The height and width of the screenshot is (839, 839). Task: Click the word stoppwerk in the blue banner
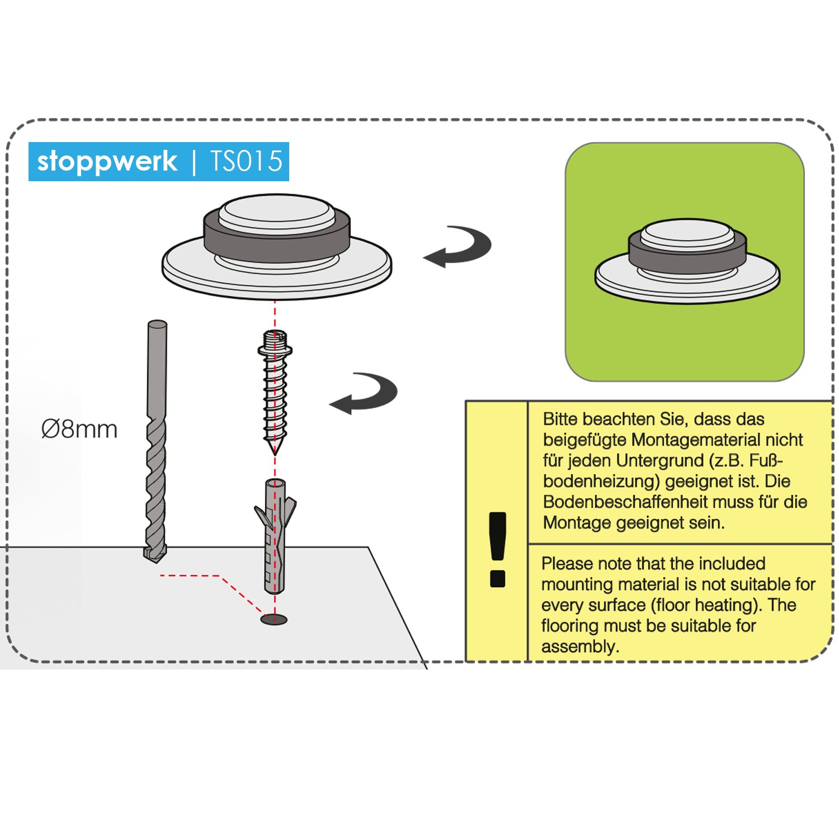(x=107, y=162)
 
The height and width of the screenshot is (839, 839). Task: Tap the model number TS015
(x=247, y=161)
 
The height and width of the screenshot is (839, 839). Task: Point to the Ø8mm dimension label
(x=79, y=430)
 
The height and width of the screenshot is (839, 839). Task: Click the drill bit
(x=156, y=441)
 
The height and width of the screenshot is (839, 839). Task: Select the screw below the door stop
(x=275, y=392)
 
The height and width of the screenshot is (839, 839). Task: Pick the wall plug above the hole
(x=275, y=536)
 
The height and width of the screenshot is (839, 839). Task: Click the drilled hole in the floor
(x=274, y=619)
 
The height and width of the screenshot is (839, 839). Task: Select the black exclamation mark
(x=497, y=549)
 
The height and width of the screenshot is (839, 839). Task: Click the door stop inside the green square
(x=687, y=261)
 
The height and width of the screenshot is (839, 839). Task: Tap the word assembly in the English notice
(x=580, y=647)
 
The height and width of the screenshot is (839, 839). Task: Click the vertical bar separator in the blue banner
(x=194, y=162)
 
